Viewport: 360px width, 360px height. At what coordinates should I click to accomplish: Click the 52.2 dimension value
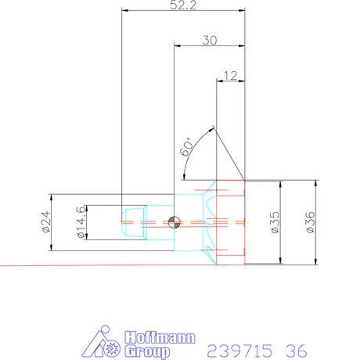182,5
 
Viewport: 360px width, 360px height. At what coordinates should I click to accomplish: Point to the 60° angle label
186,149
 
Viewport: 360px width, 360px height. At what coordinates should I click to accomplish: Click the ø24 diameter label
45,223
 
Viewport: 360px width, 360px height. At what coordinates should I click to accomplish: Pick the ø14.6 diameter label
80,222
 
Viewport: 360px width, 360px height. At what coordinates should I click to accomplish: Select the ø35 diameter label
274,222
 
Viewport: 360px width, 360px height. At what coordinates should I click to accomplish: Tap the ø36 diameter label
311,222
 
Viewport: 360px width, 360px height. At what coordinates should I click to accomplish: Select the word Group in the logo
146,349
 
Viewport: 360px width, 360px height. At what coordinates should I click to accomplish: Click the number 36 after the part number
296,349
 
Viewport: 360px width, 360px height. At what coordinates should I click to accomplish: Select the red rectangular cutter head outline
232,222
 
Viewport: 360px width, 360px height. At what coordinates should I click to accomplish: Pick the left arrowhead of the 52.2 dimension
126,10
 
